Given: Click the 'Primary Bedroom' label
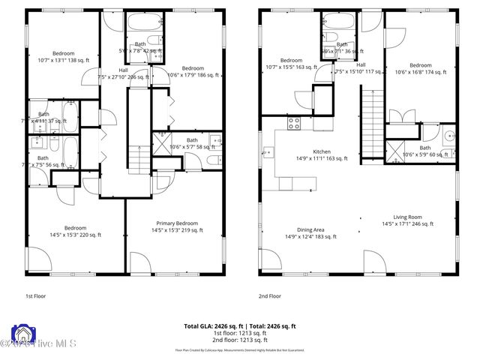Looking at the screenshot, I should coord(177,223).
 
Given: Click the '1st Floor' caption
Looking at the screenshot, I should coord(36,295).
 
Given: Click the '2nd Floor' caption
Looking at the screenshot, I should coord(269,295).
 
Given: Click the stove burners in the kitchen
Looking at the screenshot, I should coord(294,122).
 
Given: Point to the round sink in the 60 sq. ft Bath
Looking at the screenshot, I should coord(448,137).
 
